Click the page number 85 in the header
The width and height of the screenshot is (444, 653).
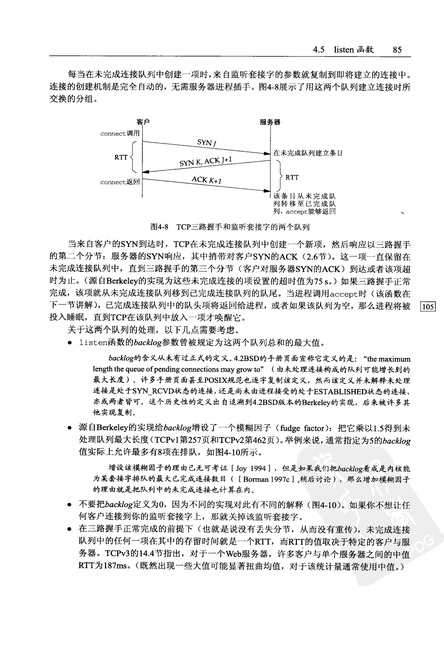397,50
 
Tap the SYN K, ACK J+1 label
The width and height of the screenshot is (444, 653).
206,162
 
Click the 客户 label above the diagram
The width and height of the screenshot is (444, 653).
143,122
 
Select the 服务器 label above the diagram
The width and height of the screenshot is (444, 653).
270,122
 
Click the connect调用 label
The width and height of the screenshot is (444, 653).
120,134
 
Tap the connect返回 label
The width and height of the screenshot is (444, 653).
120,182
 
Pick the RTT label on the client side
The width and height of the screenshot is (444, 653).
121,157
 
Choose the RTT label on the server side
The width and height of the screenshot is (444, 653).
292,177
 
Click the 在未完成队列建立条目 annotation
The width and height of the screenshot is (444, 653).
308,153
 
